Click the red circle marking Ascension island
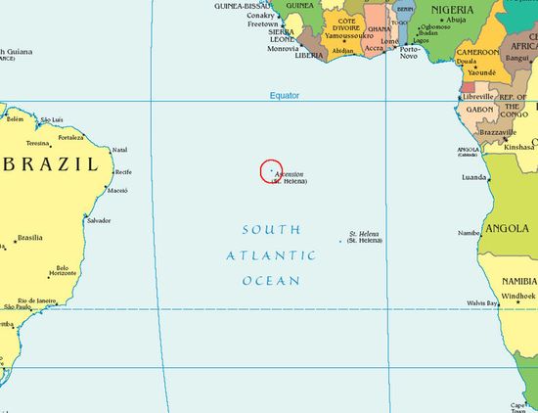click(272, 170)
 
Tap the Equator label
click(285, 95)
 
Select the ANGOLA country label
click(507, 228)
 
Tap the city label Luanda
click(473, 177)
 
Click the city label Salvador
click(99, 220)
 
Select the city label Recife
click(123, 172)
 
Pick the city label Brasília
click(29, 238)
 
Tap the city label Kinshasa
click(519, 147)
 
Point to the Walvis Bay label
click(481, 303)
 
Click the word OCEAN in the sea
click(271, 282)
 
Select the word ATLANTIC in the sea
click(271, 255)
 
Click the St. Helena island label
click(364, 234)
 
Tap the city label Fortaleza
click(70, 137)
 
